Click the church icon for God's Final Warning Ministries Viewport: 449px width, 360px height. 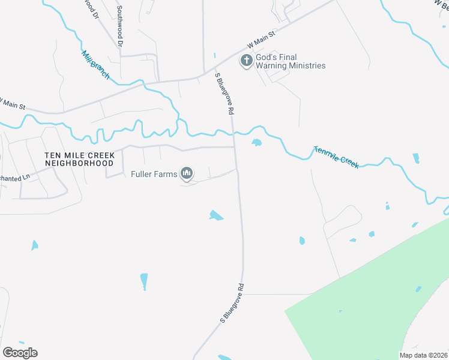point(246,61)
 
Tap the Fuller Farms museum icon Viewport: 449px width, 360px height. point(187,174)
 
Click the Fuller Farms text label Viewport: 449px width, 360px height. point(154,175)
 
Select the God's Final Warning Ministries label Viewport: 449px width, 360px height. point(291,61)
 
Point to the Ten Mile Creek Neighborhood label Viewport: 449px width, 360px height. point(79,158)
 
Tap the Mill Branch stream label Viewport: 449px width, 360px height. point(95,64)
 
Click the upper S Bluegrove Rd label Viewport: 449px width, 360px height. point(224,93)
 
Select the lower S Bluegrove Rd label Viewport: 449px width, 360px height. point(232,303)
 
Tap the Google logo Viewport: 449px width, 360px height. point(20,353)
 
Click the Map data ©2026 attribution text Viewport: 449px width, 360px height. point(423,355)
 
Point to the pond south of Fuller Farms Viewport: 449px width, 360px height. point(215,215)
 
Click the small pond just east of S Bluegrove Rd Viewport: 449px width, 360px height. point(257,143)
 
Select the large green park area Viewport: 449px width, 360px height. point(372,294)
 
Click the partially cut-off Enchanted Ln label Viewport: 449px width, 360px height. point(14,178)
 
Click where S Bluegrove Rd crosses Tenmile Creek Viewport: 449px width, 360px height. point(234,133)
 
